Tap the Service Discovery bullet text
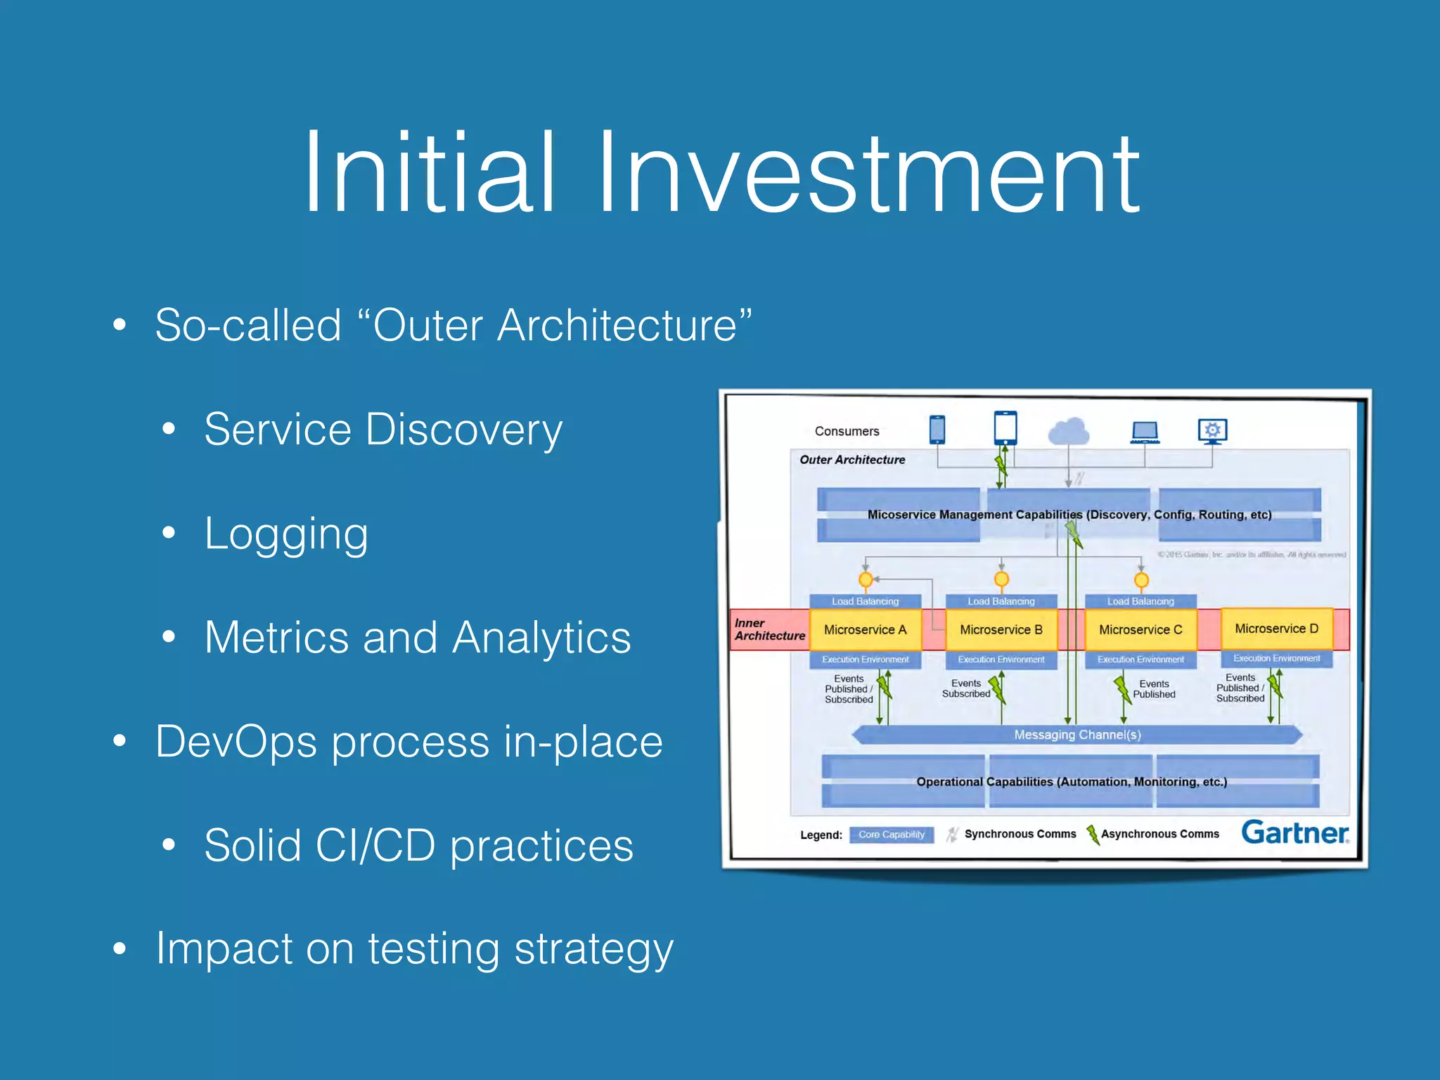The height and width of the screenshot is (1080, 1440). coord(383,430)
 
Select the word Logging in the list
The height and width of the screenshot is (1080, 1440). coord(286,534)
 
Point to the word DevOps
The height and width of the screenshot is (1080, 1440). coord(236,742)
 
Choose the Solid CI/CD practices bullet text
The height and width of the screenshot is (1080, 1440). coord(418,845)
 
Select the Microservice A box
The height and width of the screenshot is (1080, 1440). coord(865,629)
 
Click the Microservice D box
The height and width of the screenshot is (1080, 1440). coord(1276,628)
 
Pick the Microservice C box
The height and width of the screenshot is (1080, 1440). coord(1140,629)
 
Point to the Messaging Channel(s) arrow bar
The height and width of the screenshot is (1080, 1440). coord(1076,735)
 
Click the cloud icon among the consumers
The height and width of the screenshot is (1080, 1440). coord(1069,432)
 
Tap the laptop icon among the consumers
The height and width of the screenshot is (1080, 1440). coord(1145,432)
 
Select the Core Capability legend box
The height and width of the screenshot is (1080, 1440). coord(891,835)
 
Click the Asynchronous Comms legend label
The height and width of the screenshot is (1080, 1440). coord(1159,834)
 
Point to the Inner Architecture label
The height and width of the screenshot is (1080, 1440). coord(769,629)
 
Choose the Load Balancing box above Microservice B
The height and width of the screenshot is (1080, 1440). coord(1001,601)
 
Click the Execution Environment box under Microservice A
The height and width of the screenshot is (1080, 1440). coord(865,660)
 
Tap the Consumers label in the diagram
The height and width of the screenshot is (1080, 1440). coord(847,431)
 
